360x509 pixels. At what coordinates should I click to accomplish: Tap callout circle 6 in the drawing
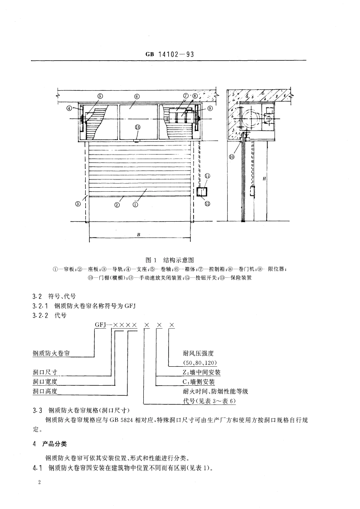click(x=137, y=96)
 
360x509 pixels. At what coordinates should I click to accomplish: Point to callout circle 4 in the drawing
click(x=68, y=108)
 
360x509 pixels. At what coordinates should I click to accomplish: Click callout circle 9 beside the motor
click(x=210, y=108)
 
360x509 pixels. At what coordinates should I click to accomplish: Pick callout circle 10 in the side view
click(x=232, y=157)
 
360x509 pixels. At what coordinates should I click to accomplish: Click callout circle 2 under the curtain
click(x=117, y=204)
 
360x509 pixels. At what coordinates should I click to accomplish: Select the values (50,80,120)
click(x=200, y=363)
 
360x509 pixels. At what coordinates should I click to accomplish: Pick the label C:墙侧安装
click(x=199, y=381)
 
